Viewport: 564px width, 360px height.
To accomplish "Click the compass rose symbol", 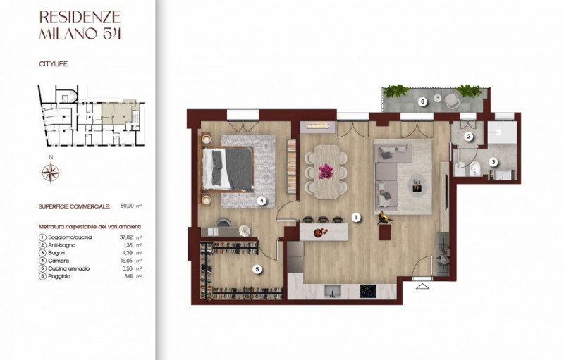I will (51, 171).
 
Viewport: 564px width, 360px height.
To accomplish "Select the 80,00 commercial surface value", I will (127, 207).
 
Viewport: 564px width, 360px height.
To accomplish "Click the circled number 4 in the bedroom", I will (261, 201).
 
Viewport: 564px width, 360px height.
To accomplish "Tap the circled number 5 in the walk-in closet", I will (257, 268).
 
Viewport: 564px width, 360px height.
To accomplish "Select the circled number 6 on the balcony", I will (422, 101).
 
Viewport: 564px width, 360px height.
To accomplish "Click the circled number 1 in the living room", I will (357, 218).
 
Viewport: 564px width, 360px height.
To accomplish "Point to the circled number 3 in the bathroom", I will (493, 162).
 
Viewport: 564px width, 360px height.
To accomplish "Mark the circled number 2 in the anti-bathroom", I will (467, 138).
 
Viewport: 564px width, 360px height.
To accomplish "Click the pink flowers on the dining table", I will (326, 170).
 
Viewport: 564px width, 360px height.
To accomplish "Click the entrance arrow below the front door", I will (422, 285).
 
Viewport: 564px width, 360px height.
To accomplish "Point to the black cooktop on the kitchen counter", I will (368, 290).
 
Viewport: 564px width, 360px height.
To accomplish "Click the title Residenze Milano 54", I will (80, 25).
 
